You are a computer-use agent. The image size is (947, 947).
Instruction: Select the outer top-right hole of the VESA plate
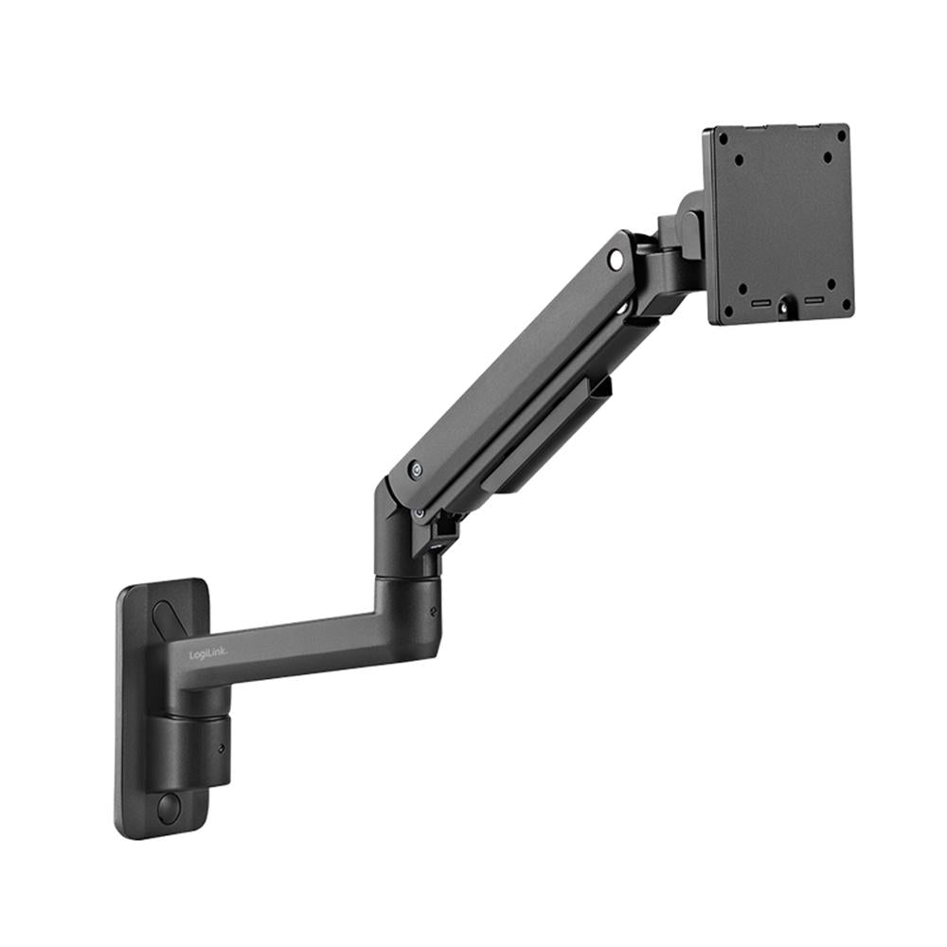coord(841,134)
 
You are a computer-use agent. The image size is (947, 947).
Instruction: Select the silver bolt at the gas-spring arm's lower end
coord(416,468)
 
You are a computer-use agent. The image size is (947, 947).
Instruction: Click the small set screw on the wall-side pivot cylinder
coord(222,747)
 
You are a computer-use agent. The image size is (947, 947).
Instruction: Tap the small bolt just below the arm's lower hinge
coord(419,512)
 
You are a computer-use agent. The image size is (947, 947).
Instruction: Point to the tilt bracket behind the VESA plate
coord(684,227)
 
